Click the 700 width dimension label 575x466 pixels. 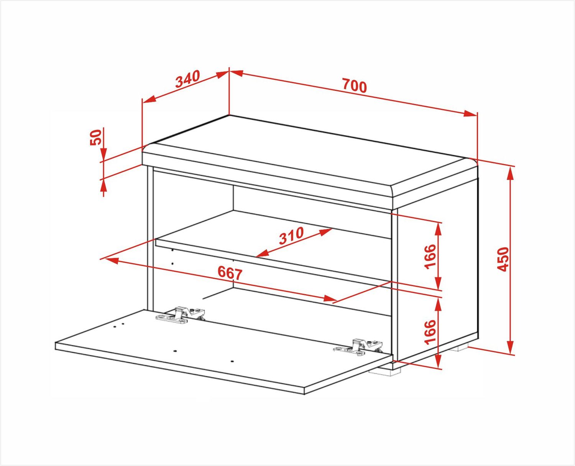355,86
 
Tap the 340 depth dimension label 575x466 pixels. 187,79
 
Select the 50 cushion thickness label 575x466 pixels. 95,137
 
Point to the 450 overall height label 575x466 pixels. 503,259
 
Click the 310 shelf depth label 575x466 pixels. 291,235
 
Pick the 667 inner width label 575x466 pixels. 230,273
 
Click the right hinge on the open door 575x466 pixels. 358,347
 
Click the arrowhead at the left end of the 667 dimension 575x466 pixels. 112,261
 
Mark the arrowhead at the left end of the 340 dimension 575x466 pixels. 149,99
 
